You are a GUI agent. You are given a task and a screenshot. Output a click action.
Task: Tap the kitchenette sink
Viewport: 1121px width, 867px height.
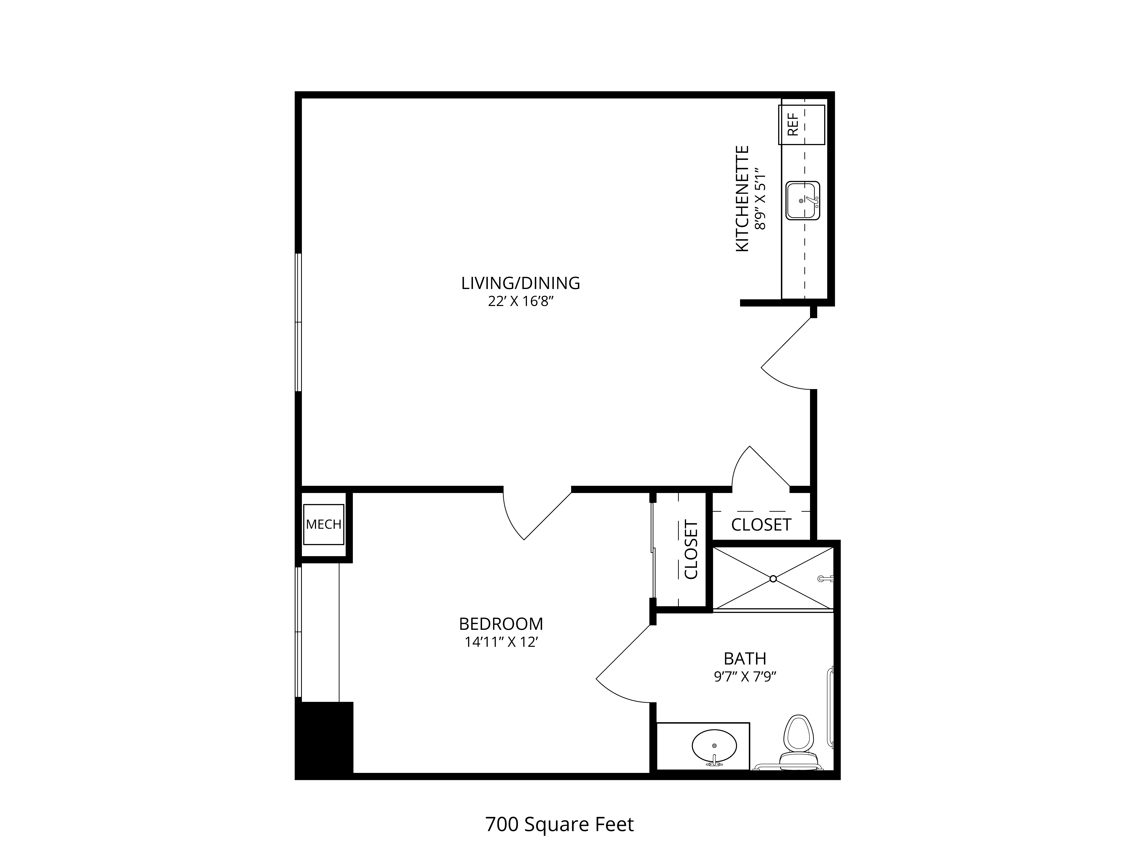click(x=803, y=200)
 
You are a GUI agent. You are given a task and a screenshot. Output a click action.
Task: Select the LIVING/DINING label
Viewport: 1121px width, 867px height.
click(x=520, y=283)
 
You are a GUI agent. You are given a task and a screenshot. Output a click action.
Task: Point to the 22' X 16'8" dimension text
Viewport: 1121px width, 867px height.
click(x=521, y=302)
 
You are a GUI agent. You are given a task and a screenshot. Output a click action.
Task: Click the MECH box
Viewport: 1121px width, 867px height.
click(x=323, y=524)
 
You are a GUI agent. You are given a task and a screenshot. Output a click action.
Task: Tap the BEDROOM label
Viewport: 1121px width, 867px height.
click(x=501, y=624)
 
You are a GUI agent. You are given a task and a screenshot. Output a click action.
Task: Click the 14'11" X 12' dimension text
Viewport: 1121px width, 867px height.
click(x=501, y=642)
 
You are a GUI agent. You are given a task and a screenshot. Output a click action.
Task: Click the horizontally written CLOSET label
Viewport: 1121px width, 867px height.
click(x=761, y=524)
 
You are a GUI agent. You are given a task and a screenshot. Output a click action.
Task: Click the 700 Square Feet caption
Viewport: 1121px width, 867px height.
click(x=559, y=824)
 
